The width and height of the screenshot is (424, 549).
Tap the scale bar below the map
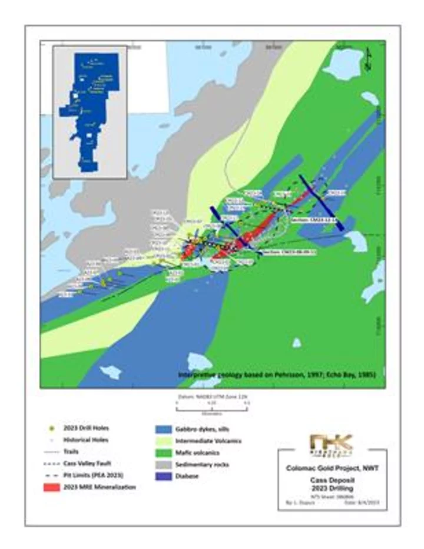point(213,406)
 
